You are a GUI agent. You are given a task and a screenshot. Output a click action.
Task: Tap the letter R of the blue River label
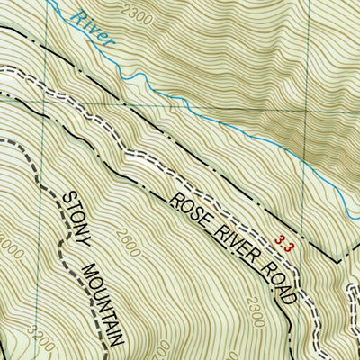click(x=81, y=18)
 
